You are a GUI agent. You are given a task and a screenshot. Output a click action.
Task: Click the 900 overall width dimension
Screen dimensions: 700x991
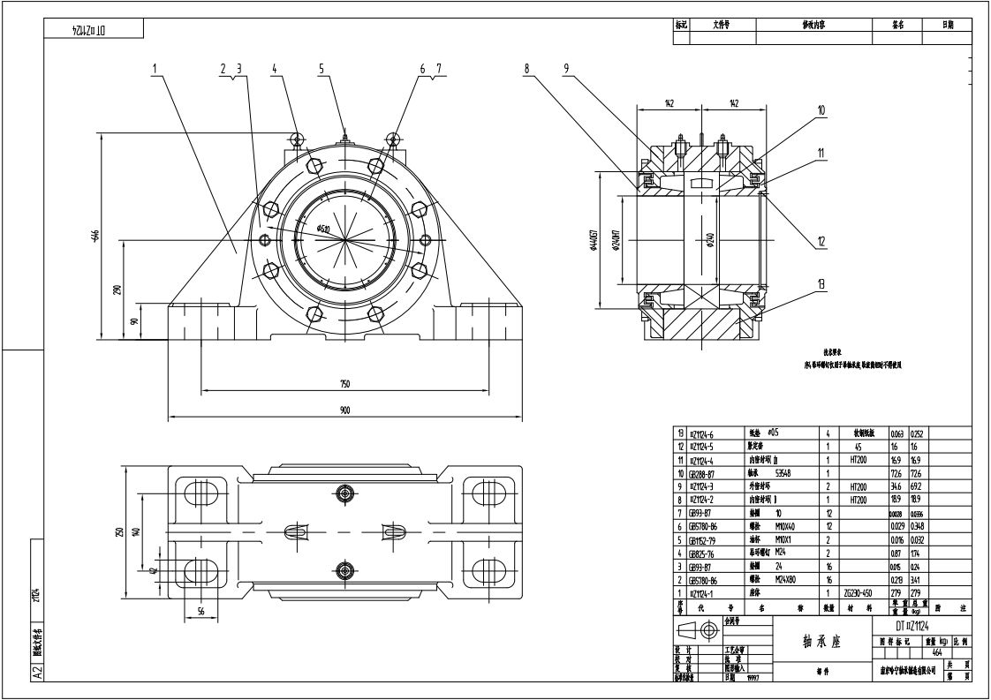tap(344, 410)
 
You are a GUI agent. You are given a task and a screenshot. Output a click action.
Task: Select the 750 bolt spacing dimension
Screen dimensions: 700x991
tap(344, 384)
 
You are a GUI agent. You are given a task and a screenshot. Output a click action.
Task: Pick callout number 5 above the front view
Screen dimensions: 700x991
tap(322, 68)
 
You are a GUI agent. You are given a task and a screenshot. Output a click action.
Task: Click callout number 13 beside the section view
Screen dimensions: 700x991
tap(821, 283)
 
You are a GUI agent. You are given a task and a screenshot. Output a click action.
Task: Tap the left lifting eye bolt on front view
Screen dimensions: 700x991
tap(297, 137)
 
